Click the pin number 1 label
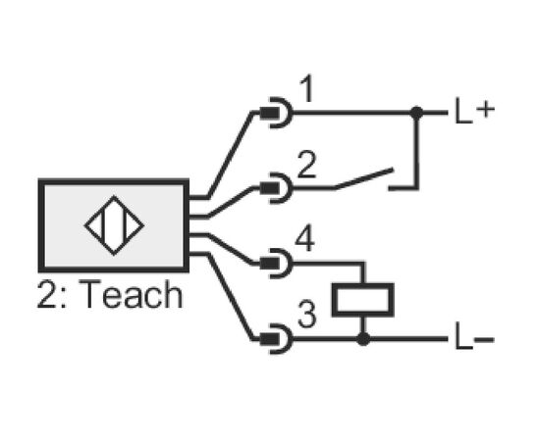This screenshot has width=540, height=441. [306, 88]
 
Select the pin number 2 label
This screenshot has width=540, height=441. [306, 165]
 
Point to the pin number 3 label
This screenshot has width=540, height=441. [306, 315]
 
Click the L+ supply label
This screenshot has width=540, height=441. [474, 111]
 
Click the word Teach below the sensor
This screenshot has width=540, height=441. [131, 294]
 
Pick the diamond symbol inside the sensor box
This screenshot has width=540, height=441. [114, 225]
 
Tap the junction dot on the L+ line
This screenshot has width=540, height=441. [416, 113]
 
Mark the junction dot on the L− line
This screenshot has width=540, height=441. [363, 339]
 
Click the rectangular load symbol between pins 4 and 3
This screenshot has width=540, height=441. [363, 300]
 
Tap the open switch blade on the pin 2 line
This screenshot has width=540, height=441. [363, 178]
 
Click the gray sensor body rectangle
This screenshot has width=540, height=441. [114, 225]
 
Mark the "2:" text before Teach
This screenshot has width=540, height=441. [52, 294]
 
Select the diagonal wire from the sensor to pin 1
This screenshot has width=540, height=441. [230, 155]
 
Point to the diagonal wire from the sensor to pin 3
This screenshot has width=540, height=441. [230, 297]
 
